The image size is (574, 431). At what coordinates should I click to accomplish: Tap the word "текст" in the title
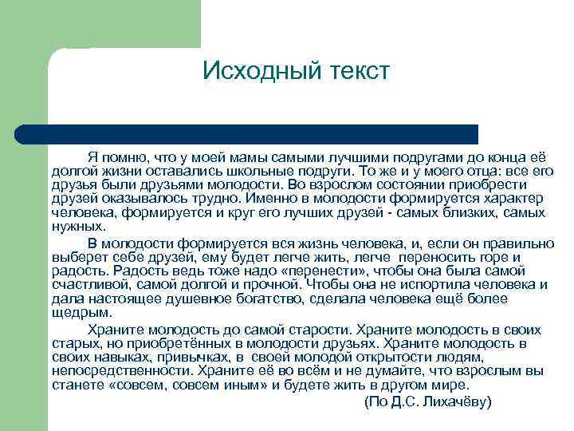tap(354, 71)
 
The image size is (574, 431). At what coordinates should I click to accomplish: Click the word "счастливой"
tap(89, 284)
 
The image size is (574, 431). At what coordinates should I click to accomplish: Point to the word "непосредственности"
tap(120, 370)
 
